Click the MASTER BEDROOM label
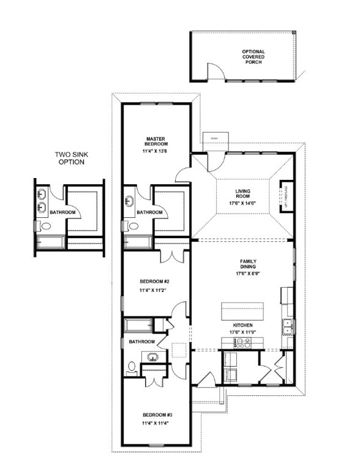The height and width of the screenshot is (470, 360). click(x=152, y=141)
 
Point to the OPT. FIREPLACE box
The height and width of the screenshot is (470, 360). click(x=285, y=195)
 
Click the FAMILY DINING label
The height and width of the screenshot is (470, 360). click(x=247, y=264)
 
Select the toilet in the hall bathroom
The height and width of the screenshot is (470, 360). click(x=132, y=368)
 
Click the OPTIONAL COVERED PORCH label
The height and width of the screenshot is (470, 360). click(x=253, y=56)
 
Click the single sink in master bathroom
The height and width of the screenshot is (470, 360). click(x=129, y=201)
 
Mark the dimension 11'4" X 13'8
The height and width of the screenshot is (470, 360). click(x=152, y=149)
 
